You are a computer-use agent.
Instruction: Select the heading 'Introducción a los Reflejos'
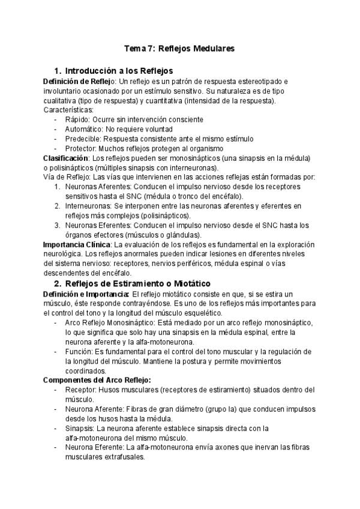click(x=118, y=70)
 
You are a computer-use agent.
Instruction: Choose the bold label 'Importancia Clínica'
click(x=77, y=245)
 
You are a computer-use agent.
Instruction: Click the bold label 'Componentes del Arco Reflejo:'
click(x=97, y=380)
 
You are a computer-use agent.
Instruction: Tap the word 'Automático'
click(x=83, y=130)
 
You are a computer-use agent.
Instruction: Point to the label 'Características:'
click(x=68, y=110)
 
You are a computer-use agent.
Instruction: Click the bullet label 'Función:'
click(x=80, y=351)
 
